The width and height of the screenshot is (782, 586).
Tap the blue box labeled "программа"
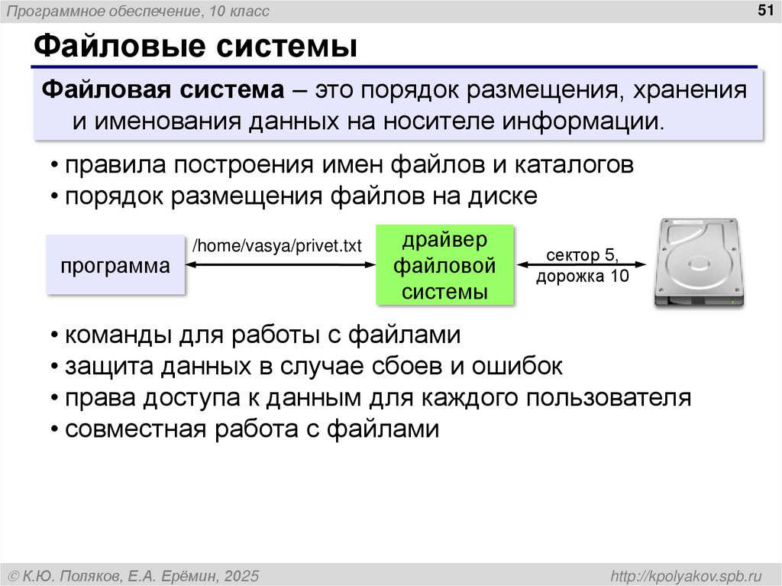coord(116,267)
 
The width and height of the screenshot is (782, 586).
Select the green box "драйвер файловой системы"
coord(444,265)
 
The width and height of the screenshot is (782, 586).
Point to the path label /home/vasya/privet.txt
coord(276,246)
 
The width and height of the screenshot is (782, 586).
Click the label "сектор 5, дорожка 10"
coord(582,265)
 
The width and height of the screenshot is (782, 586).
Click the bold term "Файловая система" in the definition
coord(160,91)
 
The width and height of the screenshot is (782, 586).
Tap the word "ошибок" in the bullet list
coord(519,366)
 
